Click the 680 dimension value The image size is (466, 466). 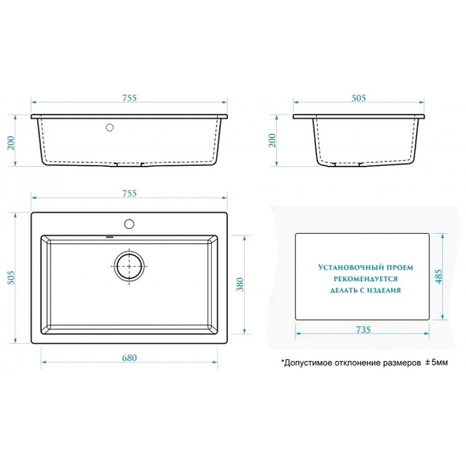(130, 358)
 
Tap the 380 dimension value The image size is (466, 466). (240, 285)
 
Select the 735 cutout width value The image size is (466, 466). (363, 330)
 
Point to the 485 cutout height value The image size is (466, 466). (439, 276)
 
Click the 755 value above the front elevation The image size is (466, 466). (130, 97)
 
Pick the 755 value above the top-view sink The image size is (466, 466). (130, 193)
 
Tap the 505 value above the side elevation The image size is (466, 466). (358, 97)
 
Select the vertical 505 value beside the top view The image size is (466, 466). (11, 277)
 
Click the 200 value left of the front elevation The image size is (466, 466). (11, 143)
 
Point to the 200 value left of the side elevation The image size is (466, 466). (272, 141)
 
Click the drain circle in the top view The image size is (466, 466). (130, 266)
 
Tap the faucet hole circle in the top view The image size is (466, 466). (130, 224)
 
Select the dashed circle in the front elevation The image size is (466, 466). (109, 127)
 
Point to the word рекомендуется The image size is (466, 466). (365, 279)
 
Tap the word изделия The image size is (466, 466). (384, 290)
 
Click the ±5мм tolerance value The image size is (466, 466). (436, 363)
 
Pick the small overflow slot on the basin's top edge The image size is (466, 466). (110, 237)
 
